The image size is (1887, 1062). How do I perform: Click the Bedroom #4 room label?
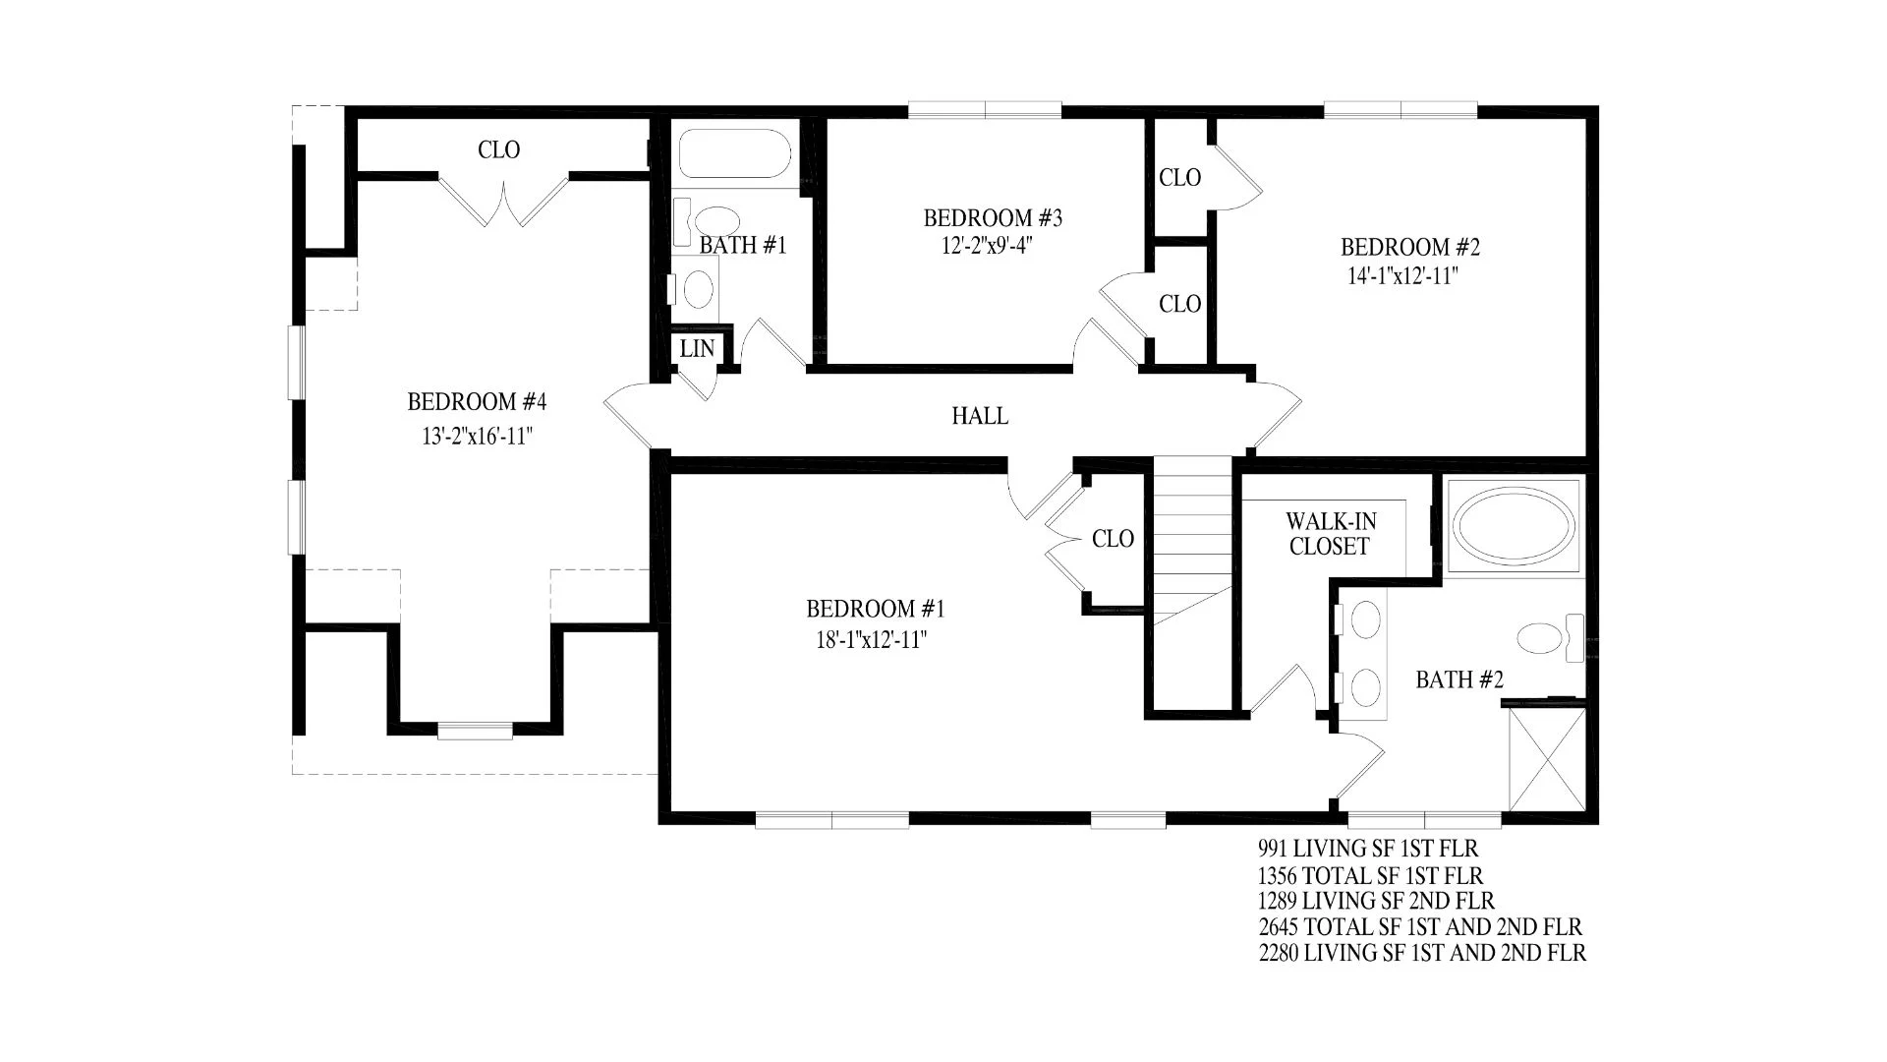[x=477, y=402]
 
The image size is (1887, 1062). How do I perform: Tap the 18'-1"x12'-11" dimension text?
[x=872, y=641]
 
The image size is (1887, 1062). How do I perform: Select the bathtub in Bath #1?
[x=734, y=154]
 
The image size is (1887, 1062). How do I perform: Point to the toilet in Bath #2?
[x=1551, y=636]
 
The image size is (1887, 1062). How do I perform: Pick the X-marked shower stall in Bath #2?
[x=1547, y=758]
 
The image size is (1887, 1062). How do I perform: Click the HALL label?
[x=980, y=417]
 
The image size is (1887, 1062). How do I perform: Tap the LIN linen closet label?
[x=697, y=348]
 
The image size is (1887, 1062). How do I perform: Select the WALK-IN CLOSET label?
[x=1331, y=534]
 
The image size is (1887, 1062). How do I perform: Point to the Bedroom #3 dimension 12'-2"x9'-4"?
[x=987, y=246]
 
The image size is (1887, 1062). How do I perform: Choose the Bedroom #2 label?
[x=1410, y=248]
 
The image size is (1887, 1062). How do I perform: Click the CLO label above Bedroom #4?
[x=499, y=150]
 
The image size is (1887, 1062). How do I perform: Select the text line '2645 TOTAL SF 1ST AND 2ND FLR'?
[x=1420, y=926]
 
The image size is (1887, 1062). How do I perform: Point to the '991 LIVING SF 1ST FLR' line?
[x=1368, y=848]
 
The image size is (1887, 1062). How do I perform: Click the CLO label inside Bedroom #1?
[x=1114, y=539]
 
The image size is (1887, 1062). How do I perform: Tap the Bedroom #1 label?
[x=876, y=610]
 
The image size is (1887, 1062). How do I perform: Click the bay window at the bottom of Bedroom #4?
[x=475, y=731]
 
